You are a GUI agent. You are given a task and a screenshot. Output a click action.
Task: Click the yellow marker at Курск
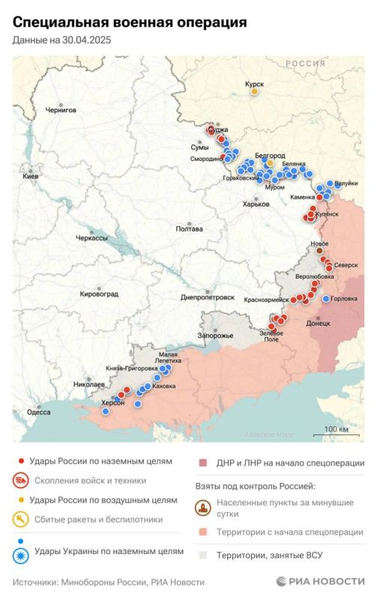pyautogui.click(x=254, y=91)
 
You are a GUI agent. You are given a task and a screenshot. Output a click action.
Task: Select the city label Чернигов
pyautogui.click(x=61, y=110)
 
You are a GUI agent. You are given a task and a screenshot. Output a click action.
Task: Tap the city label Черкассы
pyautogui.click(x=92, y=237)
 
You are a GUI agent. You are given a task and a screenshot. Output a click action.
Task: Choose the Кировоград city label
pyautogui.click(x=99, y=294)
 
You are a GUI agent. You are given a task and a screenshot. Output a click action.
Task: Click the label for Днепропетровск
pyautogui.click(x=208, y=297)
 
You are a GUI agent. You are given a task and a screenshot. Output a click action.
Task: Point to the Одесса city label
pyautogui.click(x=39, y=412)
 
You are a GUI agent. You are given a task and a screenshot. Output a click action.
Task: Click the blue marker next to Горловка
pyautogui.click(x=325, y=299)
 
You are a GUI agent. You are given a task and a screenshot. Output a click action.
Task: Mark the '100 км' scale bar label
pyautogui.click(x=335, y=429)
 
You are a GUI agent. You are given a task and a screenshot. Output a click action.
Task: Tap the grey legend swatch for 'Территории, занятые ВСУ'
pyautogui.click(x=203, y=555)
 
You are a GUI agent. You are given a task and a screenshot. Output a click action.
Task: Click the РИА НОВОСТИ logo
pyautogui.click(x=319, y=582)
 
